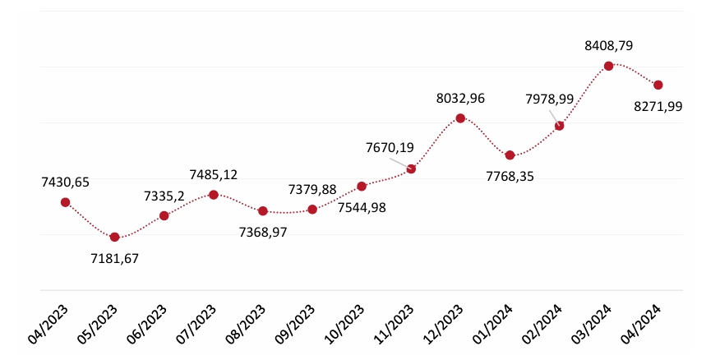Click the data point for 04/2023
[66, 202]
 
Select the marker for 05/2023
[115, 237]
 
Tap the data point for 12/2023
[460, 118]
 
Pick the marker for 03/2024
[608, 66]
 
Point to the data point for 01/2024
[510, 155]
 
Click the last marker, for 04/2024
[658, 85]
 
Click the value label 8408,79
[608, 46]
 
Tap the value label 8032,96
[460, 99]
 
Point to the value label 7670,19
[390, 148]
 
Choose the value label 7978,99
[550, 99]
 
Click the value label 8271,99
[658, 106]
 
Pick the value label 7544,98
[362, 207]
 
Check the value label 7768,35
[510, 176]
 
